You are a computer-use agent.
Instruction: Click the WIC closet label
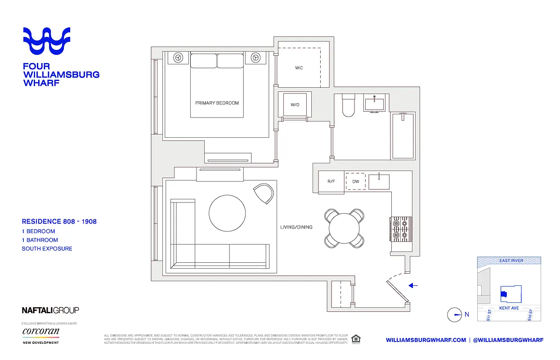point(299,68)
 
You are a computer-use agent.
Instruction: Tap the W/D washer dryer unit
point(295,104)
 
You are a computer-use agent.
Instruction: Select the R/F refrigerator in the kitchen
point(331,182)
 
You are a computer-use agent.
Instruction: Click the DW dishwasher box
point(356,182)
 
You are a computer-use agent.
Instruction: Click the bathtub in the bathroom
point(402,136)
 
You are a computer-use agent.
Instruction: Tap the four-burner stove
point(400,229)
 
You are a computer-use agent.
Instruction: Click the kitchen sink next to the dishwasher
point(379,182)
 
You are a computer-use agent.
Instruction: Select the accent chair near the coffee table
point(264,193)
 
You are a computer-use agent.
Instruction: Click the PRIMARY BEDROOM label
point(217,103)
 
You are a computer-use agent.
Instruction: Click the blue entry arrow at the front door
point(413,285)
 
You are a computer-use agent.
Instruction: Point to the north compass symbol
point(455,315)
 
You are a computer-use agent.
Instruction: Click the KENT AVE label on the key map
point(509,308)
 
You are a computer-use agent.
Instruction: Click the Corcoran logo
point(40,332)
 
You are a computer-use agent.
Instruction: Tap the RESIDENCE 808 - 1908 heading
point(59,221)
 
